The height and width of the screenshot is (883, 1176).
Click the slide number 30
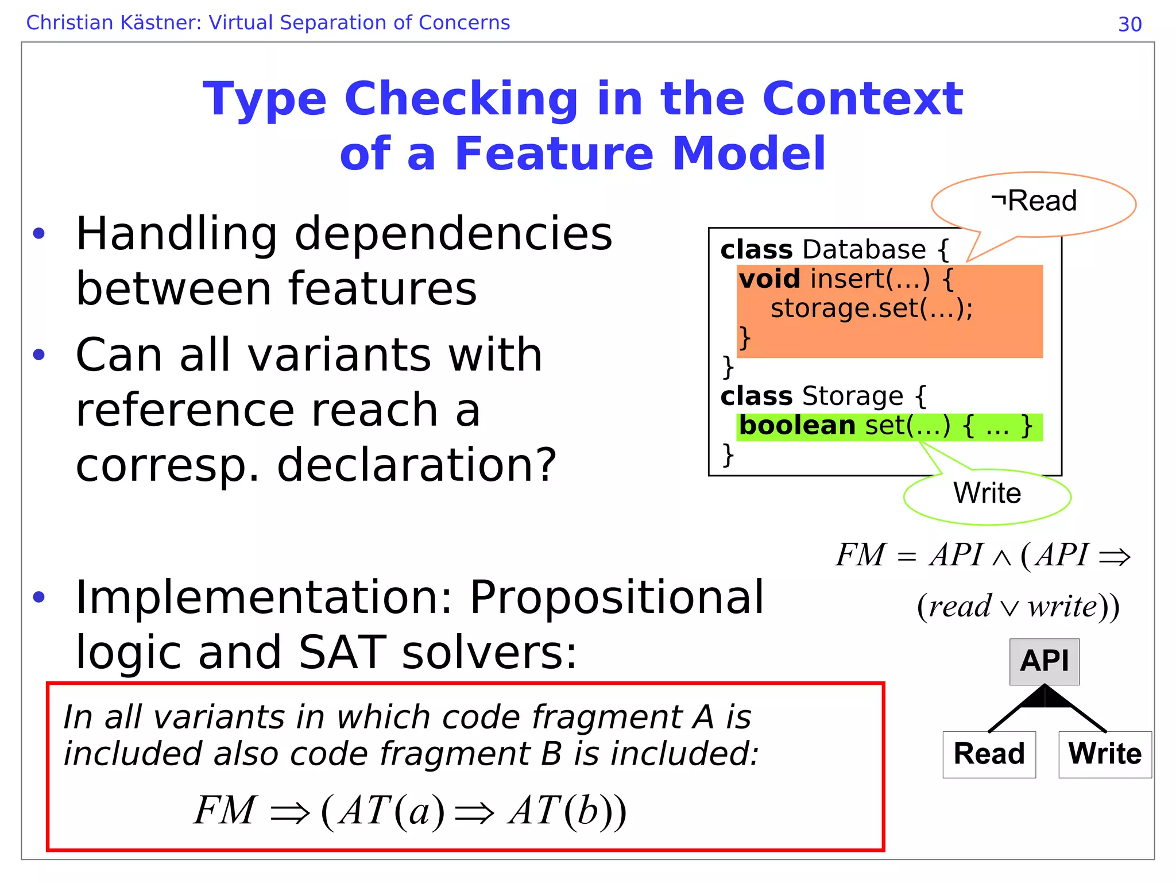pos(1129,24)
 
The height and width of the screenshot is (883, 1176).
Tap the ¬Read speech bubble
pos(1034,202)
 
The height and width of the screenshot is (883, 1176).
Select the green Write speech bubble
pos(987,495)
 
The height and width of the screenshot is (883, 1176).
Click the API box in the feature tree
pos(1044,661)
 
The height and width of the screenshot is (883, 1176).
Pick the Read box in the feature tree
pos(989,754)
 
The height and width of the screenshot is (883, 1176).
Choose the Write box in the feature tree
pos(1105,754)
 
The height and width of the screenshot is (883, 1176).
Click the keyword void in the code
pos(769,280)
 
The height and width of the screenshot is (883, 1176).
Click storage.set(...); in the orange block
pos(871,309)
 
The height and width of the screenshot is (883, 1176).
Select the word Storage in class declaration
pos(853,396)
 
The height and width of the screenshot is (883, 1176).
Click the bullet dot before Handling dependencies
pos(39,234)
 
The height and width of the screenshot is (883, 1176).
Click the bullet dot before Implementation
pos(39,597)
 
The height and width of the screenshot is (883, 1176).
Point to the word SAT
pos(342,653)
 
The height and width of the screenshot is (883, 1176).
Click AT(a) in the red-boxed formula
pos(391,811)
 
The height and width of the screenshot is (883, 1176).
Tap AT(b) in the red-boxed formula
pos(560,811)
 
